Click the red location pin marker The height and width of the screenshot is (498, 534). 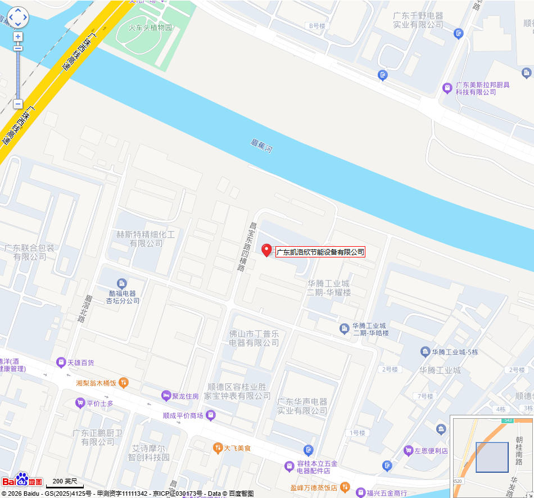(x=266, y=250)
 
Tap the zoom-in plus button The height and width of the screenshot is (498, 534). (x=18, y=37)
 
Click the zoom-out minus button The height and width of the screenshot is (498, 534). (x=18, y=104)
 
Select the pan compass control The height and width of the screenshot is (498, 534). (x=17, y=17)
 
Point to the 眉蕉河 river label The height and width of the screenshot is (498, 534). (x=261, y=146)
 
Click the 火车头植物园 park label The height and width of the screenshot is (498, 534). (x=150, y=27)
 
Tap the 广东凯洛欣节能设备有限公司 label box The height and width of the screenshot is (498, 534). (x=320, y=252)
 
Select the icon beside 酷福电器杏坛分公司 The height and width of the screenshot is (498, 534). (x=121, y=283)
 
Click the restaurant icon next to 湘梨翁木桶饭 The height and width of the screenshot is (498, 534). (x=124, y=383)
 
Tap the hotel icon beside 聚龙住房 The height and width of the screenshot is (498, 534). (x=166, y=396)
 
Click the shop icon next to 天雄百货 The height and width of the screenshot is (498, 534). (x=61, y=363)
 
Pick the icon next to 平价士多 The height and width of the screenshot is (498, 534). (x=80, y=403)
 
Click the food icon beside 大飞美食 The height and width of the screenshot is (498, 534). (x=217, y=448)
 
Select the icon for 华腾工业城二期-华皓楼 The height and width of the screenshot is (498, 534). (x=344, y=328)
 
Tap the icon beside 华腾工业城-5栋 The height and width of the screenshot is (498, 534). (x=425, y=352)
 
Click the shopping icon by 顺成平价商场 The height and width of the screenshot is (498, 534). (x=210, y=415)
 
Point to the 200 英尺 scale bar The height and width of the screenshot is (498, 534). (x=65, y=483)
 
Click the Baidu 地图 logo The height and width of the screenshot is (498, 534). (x=22, y=479)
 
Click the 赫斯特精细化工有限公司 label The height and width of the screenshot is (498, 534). (x=146, y=238)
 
